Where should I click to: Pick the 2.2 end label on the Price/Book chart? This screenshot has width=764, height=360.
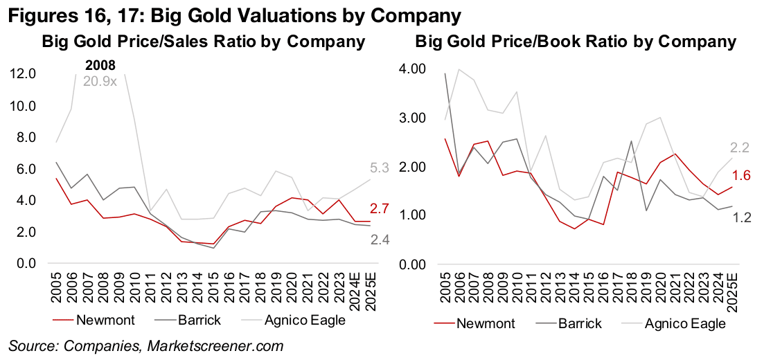tap(740, 147)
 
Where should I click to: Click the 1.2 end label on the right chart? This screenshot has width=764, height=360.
tap(740, 217)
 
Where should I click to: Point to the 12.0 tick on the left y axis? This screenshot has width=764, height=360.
tap(25, 74)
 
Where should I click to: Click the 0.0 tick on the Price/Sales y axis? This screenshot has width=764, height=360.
tap(28, 264)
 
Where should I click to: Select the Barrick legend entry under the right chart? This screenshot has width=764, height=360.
tap(578, 323)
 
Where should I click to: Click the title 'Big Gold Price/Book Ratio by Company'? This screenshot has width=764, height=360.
tap(576, 42)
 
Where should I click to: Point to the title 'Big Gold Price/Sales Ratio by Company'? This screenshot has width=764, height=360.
tap(204, 42)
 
